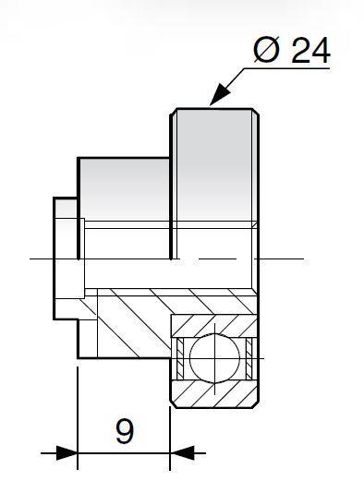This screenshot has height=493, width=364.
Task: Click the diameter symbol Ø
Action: [x=266, y=50]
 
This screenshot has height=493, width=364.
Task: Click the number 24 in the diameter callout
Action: [x=310, y=50]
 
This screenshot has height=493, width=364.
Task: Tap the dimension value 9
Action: [x=125, y=431]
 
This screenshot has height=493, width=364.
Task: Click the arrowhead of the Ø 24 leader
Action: [x=220, y=94]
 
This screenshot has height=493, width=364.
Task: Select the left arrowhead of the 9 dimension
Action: [x=67, y=453]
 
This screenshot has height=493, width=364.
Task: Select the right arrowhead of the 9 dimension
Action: [x=182, y=453]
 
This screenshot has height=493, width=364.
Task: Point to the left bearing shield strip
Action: [x=180, y=358]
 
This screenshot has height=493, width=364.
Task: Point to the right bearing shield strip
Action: [x=249, y=358]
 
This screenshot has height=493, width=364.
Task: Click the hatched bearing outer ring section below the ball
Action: [x=214, y=393]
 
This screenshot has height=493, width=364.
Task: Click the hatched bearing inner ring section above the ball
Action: [x=214, y=325]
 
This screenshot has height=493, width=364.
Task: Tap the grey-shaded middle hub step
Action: [x=125, y=189]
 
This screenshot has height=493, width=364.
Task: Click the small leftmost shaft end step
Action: [x=65, y=259]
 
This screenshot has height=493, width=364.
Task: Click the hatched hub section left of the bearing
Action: [x=132, y=324]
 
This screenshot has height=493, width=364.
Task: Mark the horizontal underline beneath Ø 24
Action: [x=286, y=68]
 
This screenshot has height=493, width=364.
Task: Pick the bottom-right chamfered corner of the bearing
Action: [x=256, y=404]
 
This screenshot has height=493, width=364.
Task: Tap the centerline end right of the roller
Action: [x=304, y=259]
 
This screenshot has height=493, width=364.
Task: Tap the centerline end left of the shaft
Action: [x=30, y=259]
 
